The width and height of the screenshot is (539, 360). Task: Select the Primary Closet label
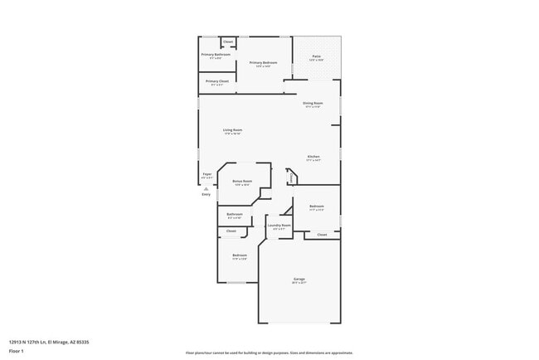pos(217,81)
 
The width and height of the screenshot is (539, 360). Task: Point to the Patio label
pos(317,56)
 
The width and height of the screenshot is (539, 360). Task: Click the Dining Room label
pos(313,103)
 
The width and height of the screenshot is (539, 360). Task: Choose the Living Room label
pos(232,130)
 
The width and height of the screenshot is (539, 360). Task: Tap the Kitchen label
pos(313,157)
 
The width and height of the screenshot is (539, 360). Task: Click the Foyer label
pos(207,174)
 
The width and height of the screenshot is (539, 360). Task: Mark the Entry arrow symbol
pos(206,188)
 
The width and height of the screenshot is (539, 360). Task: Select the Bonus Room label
pos(242,181)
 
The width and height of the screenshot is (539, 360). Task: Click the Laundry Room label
pos(279,225)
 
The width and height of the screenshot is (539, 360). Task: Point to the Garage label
pos(299,280)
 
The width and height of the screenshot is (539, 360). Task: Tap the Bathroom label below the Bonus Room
pos(235,214)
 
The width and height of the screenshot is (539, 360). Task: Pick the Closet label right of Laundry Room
pos(322,235)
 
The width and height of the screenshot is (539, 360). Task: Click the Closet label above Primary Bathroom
pos(228,41)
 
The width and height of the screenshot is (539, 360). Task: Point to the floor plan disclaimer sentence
pos(269,353)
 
